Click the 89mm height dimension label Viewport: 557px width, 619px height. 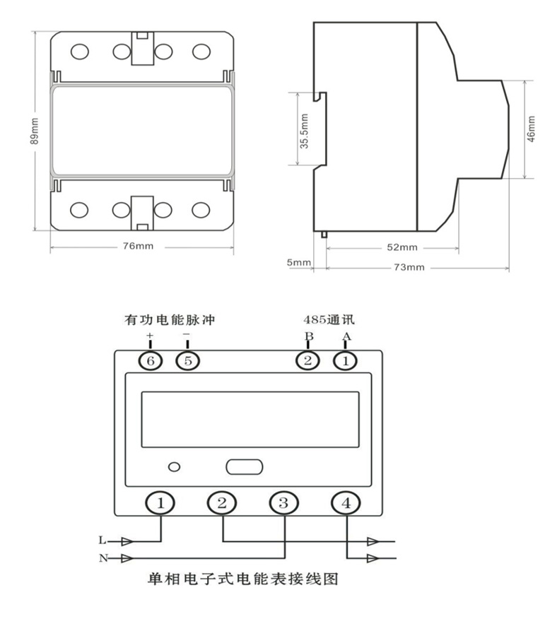(x=35, y=131)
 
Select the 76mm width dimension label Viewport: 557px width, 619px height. (x=138, y=246)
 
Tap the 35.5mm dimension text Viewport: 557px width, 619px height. (x=304, y=131)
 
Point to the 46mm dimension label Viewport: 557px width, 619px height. (x=532, y=129)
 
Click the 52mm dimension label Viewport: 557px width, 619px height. (x=402, y=247)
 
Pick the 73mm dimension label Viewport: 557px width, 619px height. (x=409, y=267)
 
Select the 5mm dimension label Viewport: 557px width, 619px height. (x=299, y=262)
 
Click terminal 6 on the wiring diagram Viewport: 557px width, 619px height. (x=151, y=360)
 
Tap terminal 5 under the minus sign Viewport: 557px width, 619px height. (x=187, y=360)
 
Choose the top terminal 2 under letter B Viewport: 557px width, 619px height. (x=307, y=360)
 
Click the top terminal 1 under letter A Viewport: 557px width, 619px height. (x=345, y=360)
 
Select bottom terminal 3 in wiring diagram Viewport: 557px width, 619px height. (x=283, y=503)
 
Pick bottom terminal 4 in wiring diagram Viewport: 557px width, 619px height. (x=346, y=503)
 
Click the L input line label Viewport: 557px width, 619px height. (x=102, y=540)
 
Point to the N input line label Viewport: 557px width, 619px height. (x=103, y=558)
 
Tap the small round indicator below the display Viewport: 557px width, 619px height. (x=174, y=467)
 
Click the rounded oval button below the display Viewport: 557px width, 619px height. (x=244, y=466)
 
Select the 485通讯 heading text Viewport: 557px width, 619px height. (x=329, y=319)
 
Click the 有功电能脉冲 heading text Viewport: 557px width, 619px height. (x=170, y=319)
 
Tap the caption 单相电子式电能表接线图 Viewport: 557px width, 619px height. (x=243, y=579)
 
